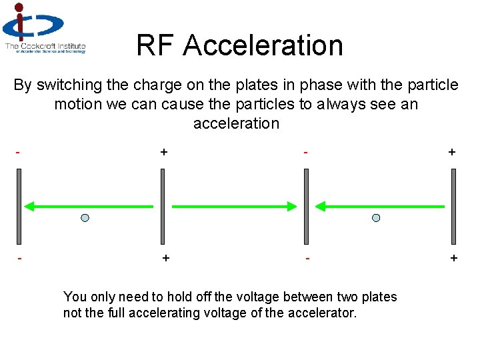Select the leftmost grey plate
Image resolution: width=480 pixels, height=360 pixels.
click(19, 206)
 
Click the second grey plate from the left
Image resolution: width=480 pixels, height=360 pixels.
click(162, 206)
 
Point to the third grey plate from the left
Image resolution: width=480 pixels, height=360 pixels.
click(306, 206)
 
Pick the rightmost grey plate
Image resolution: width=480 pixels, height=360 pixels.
click(453, 206)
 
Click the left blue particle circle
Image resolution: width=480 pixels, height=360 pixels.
click(85, 218)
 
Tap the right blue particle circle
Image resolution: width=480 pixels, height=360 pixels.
click(376, 218)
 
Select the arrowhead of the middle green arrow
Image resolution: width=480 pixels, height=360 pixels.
click(291, 207)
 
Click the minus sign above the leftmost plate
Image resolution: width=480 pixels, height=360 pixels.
click(18, 152)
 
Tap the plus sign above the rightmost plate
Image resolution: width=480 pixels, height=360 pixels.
click(452, 152)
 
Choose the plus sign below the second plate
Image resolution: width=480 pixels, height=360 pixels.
click(165, 257)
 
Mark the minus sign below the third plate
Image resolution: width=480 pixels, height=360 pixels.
click(307, 257)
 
